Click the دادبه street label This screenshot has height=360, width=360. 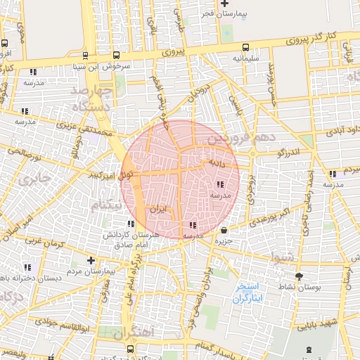[215, 162]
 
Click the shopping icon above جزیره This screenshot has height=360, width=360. [224, 230]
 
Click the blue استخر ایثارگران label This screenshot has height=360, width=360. [248, 292]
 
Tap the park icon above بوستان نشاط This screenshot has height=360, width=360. [300, 276]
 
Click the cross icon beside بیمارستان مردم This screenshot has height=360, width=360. [91, 260]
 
